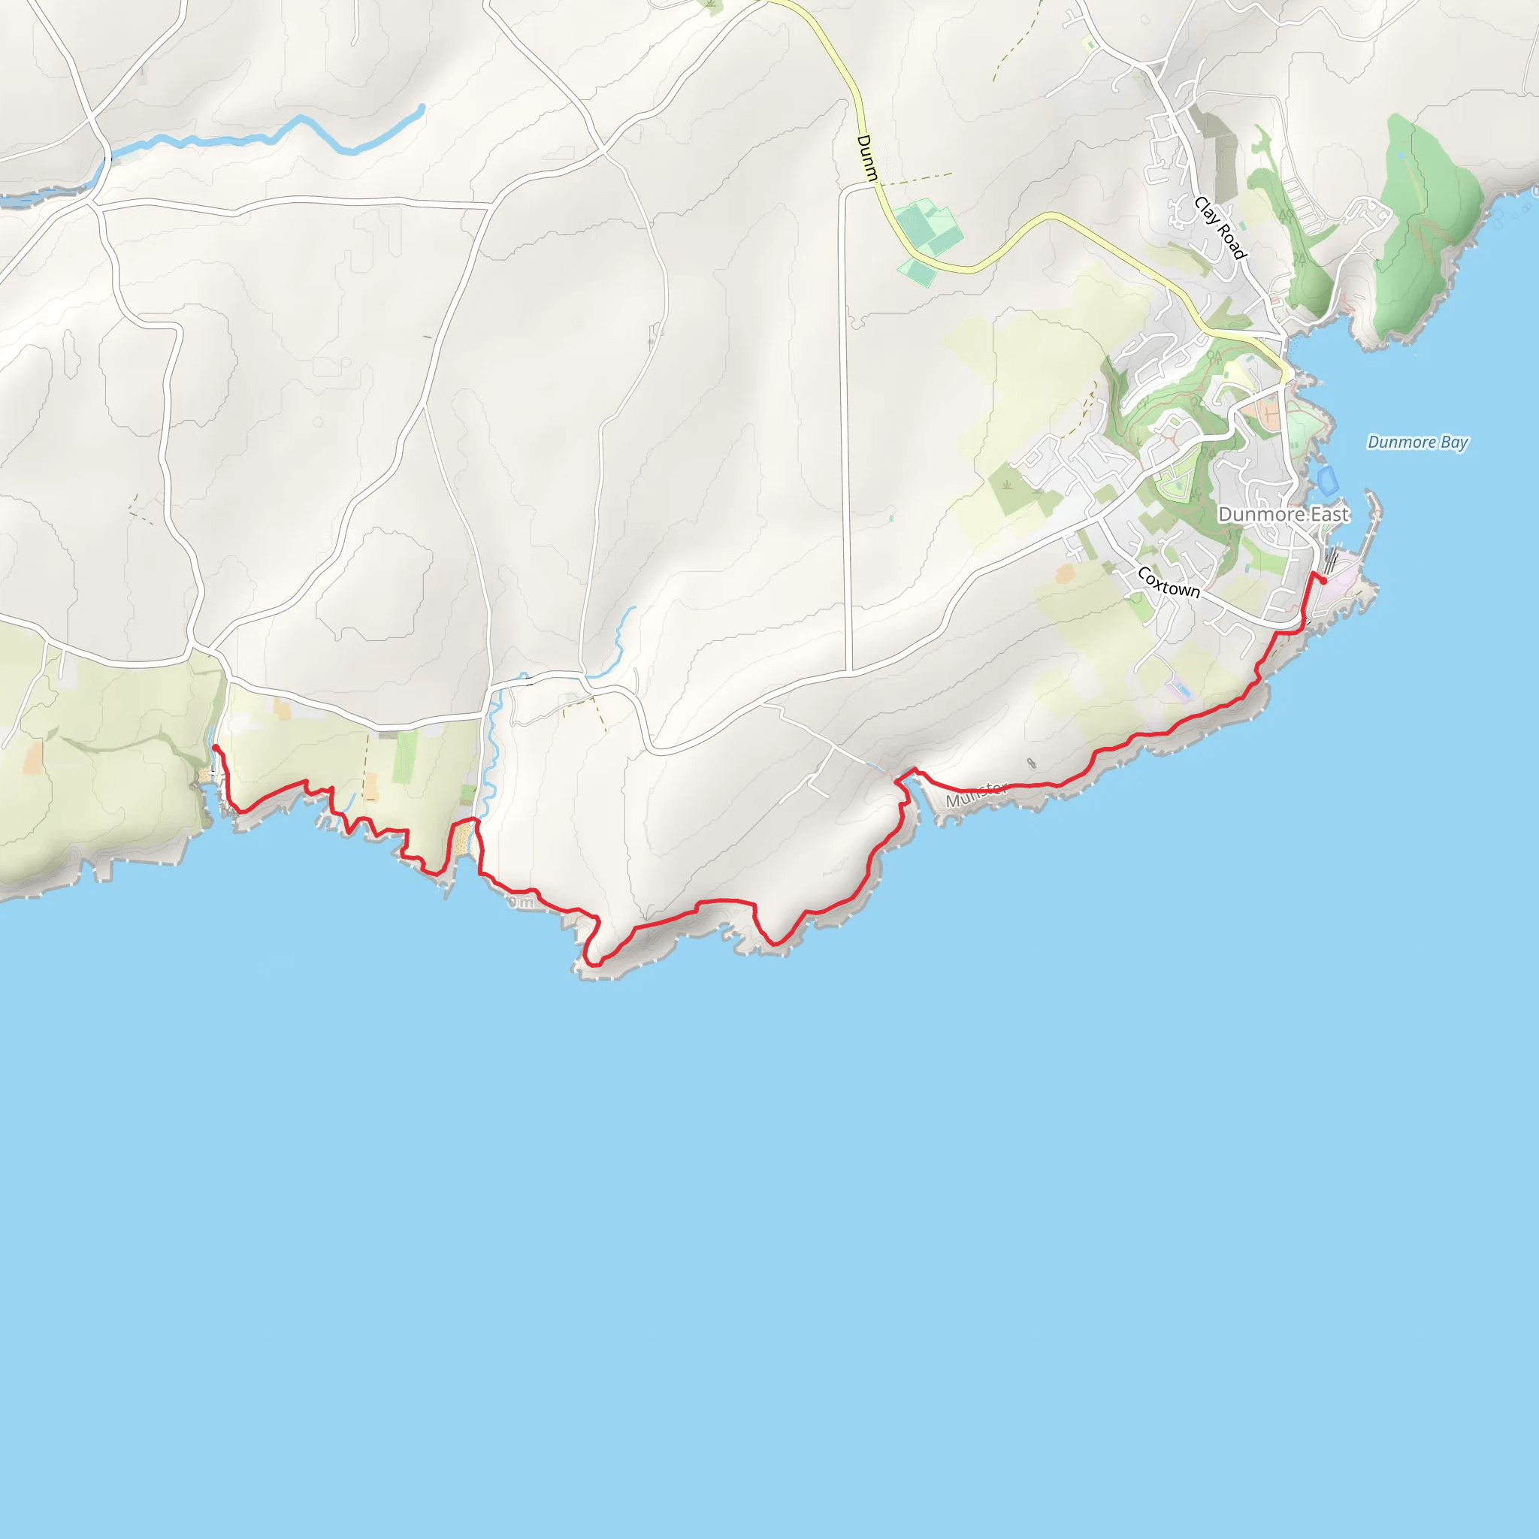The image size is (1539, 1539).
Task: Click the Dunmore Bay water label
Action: [x=1417, y=442]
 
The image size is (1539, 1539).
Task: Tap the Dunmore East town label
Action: [x=1284, y=515]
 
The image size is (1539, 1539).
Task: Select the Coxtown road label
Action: [x=1168, y=582]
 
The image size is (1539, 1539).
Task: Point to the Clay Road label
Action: [x=1220, y=228]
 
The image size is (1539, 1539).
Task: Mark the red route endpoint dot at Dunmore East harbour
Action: [x=1323, y=581]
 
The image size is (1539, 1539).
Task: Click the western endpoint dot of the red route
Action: [x=216, y=747]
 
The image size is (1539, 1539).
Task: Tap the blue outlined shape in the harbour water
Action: [x=1326, y=480]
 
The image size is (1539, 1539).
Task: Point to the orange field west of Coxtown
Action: [x=1065, y=573]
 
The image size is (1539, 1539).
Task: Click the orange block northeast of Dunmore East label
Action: [x=1264, y=413]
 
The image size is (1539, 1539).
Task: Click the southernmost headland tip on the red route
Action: [x=592, y=963]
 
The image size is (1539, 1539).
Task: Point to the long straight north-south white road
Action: [x=845, y=430]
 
